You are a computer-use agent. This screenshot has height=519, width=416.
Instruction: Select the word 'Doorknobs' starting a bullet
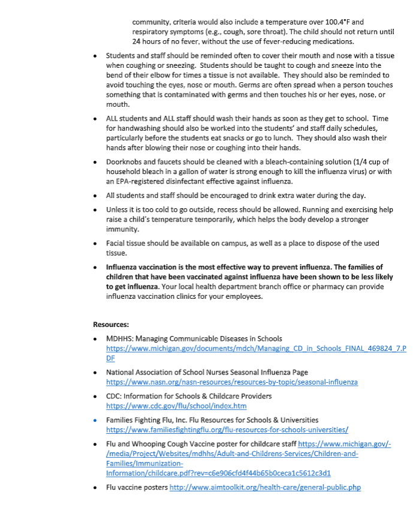(x=124, y=162)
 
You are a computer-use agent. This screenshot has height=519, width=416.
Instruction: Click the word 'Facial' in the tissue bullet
(x=116, y=243)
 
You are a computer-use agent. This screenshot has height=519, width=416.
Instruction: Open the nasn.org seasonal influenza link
(x=232, y=382)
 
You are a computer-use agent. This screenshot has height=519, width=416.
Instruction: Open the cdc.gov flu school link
(x=176, y=406)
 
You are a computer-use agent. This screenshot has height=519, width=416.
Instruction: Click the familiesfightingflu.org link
(x=227, y=430)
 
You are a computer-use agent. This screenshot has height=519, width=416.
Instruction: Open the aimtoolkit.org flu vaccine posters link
(x=265, y=487)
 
